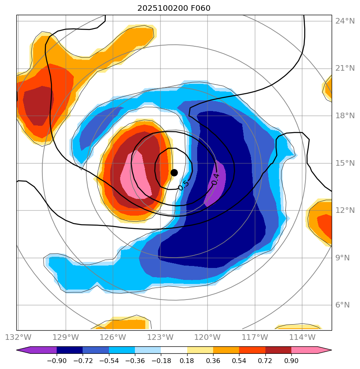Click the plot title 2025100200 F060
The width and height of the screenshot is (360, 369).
click(x=174, y=8)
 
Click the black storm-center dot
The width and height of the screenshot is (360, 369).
click(x=174, y=173)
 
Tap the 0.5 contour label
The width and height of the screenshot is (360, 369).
click(x=183, y=185)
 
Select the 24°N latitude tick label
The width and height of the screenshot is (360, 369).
click(x=345, y=21)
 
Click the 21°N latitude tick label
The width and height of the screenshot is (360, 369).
click(x=345, y=68)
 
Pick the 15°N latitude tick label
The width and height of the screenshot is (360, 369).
click(x=345, y=163)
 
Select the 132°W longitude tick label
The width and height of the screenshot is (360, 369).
click(x=18, y=337)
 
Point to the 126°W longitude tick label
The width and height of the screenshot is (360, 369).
click(x=113, y=337)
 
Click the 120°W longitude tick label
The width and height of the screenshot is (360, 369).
click(x=207, y=337)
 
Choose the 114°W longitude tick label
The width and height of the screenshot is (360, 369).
click(x=302, y=337)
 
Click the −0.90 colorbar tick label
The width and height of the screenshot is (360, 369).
click(x=56, y=361)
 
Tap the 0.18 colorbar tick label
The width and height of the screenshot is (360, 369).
click(x=187, y=361)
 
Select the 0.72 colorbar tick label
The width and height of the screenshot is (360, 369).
click(x=265, y=361)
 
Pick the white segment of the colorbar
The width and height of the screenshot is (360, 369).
click(x=174, y=350)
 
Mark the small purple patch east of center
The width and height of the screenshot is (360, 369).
click(x=216, y=184)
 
